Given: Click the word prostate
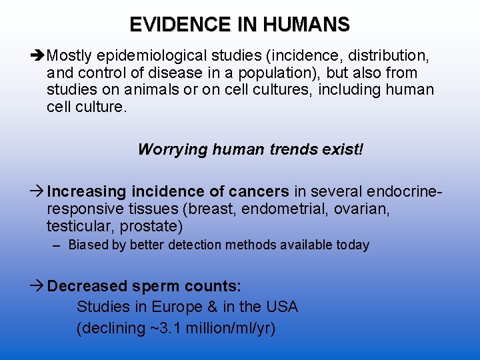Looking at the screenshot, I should pyautogui.click(x=157, y=227).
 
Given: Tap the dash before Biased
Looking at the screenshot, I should pyautogui.click(x=58, y=245).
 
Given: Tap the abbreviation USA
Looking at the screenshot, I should pyautogui.click(x=281, y=307).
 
